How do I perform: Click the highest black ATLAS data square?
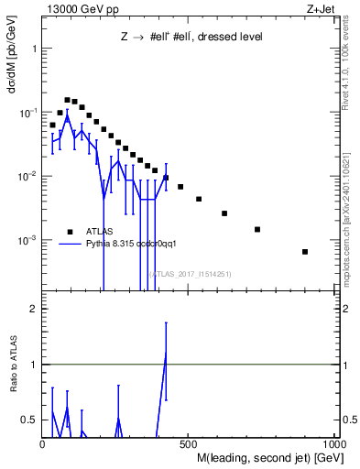click(x=67, y=100)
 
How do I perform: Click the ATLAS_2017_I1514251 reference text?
click(x=191, y=274)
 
